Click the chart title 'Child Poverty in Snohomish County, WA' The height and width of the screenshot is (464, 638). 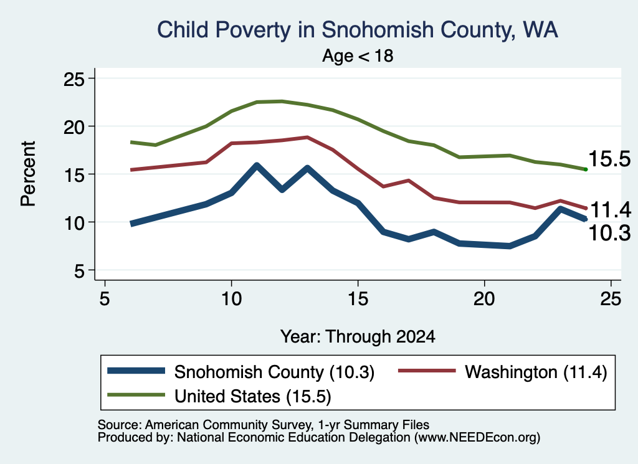click(357, 30)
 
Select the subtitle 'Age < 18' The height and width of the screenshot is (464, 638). click(358, 55)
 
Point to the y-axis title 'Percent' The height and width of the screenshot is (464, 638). click(28, 174)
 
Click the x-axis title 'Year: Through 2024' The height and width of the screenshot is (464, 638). click(358, 337)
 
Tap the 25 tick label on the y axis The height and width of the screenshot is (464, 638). click(74, 79)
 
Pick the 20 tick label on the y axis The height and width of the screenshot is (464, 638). click(74, 127)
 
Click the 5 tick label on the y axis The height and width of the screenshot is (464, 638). click(79, 270)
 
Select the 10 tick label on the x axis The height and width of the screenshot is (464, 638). click(231, 299)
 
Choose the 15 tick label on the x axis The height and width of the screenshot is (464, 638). click(358, 299)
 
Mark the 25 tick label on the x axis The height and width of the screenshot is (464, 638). click(611, 299)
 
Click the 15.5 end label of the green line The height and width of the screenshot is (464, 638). click(609, 158)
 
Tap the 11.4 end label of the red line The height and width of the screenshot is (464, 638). click(611, 210)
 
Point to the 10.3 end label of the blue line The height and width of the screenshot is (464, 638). click(609, 233)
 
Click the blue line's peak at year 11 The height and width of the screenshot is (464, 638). click(256, 166)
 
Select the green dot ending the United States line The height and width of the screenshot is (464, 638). click(586, 169)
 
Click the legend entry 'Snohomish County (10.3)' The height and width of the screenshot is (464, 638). click(241, 372)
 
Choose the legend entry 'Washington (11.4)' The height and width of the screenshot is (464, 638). click(503, 372)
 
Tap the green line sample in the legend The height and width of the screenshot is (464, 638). click(136, 395)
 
